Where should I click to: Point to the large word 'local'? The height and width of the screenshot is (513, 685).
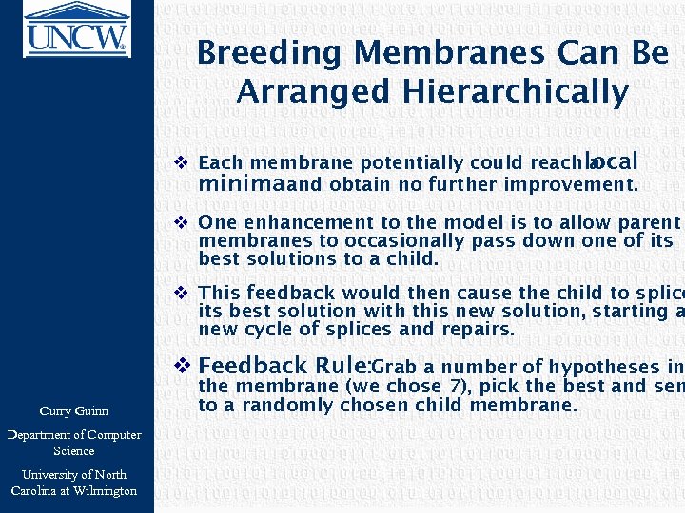[x=611, y=161]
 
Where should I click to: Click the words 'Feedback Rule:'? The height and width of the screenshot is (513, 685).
[x=284, y=366]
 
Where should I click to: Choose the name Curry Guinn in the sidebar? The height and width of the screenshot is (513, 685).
[x=74, y=411]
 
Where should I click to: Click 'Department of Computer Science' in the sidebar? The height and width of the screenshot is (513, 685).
[x=74, y=443]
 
